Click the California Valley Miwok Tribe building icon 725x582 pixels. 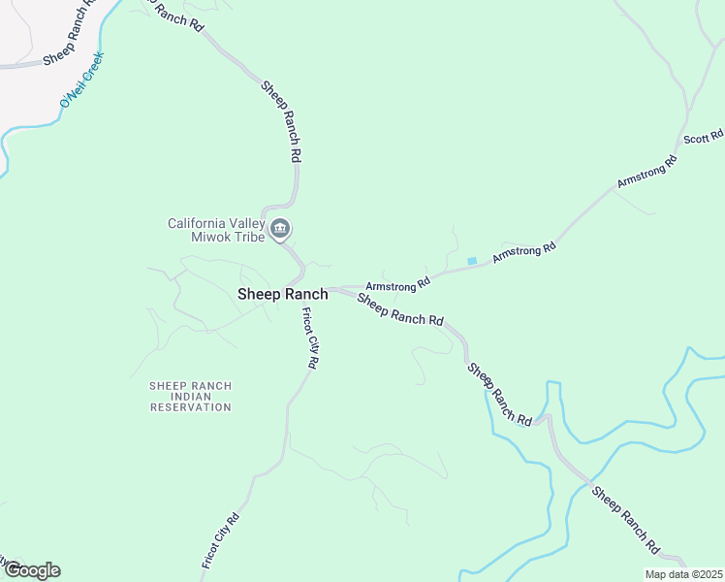pyautogui.click(x=281, y=230)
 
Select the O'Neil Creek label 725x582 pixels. pyautogui.click(x=81, y=81)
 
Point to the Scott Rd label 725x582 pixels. pyautogui.click(x=704, y=138)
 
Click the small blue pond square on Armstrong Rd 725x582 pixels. pyautogui.click(x=472, y=261)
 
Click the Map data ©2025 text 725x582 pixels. pyautogui.click(x=683, y=574)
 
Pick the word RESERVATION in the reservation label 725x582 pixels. pyautogui.click(x=191, y=407)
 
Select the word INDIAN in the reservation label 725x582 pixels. pyautogui.click(x=191, y=397)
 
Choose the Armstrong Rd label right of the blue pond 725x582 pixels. pyautogui.click(x=523, y=252)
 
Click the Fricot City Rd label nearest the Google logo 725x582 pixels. pyautogui.click(x=220, y=540)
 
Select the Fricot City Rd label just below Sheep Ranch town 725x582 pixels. pyautogui.click(x=310, y=337)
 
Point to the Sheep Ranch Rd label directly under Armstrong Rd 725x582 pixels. pyautogui.click(x=400, y=308)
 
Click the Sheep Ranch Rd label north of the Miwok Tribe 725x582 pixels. pyautogui.click(x=282, y=121)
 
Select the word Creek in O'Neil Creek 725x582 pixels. pyautogui.click(x=93, y=66)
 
